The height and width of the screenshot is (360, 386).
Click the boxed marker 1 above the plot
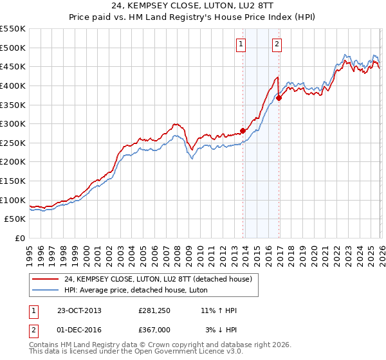(241, 44)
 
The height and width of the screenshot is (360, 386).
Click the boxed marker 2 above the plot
(277, 44)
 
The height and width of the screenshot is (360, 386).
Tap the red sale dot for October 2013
(243, 130)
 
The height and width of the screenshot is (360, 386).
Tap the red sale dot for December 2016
(279, 98)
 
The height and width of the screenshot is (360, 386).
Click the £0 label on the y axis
(19, 239)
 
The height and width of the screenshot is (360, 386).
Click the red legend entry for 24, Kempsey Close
(161, 278)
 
